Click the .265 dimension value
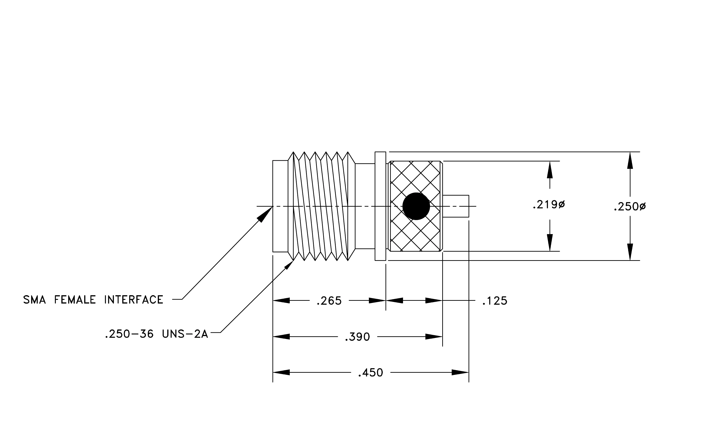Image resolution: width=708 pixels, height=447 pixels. [x=329, y=301]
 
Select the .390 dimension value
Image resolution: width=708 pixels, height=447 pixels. [x=357, y=337]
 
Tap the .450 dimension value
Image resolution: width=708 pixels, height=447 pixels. [x=370, y=373]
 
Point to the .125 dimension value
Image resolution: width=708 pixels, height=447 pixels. [x=495, y=301]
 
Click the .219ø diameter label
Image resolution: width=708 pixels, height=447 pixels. [x=549, y=205]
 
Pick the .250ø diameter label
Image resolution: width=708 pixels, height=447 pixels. [x=630, y=207]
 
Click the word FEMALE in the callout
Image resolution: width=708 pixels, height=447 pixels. [x=75, y=300]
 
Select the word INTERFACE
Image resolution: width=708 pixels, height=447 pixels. [x=134, y=300]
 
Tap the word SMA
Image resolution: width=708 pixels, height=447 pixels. [x=34, y=300]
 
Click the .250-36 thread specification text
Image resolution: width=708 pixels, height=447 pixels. [x=129, y=334]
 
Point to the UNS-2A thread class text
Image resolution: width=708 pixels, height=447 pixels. [x=185, y=334]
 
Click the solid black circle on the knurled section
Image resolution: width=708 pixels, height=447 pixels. [x=416, y=206]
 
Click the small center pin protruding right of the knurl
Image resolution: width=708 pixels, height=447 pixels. [x=456, y=206]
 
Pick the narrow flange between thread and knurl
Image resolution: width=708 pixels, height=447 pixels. [x=380, y=206]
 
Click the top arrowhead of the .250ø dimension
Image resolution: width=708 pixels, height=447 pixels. [x=630, y=161]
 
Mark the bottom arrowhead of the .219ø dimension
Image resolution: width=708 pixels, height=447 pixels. [x=550, y=243]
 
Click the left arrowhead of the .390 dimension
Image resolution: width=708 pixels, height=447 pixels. [x=281, y=337]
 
